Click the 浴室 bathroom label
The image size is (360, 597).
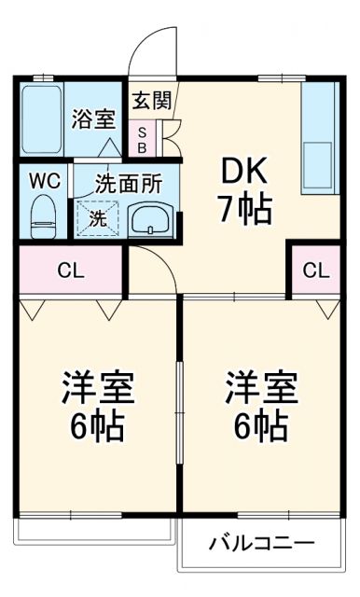click(x=93, y=118)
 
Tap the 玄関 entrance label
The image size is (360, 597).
click(x=149, y=100)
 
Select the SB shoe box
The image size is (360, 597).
click(x=143, y=140)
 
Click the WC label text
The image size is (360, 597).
click(x=44, y=181)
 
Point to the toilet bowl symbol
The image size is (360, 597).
click(x=43, y=215)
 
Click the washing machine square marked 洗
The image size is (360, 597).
click(x=96, y=219)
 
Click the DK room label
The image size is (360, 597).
click(x=245, y=172)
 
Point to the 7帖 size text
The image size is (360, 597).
click(x=245, y=208)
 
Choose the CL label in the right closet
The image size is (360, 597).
click(x=316, y=271)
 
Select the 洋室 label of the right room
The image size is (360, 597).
click(x=259, y=387)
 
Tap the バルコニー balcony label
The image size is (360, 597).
click(x=261, y=543)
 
